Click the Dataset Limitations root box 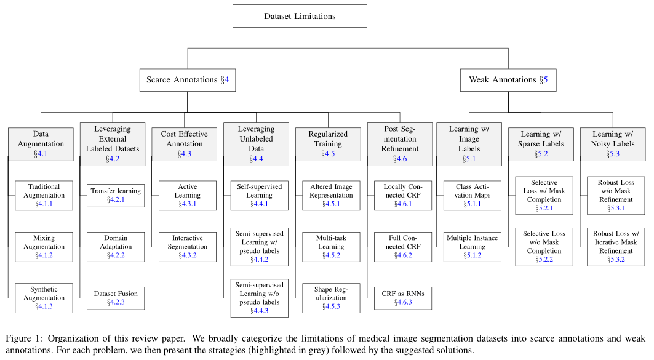coord(300,16)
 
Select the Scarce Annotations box coord(188,80)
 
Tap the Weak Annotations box coord(508,80)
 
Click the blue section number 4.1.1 coord(44,204)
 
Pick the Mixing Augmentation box coord(44,247)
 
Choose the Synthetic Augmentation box coord(44,298)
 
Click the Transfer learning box coord(116,195)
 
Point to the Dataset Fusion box coord(116,298)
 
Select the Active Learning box coord(188,195)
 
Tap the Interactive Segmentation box coord(188,247)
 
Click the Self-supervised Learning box coord(260,195)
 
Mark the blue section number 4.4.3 coord(260,311)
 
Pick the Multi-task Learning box coord(331,247)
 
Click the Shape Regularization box coord(331,298)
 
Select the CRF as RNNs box coord(403,298)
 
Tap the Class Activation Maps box coord(472,195)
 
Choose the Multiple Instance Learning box coord(472,247)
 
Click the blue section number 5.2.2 coord(544,260)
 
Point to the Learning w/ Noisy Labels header coord(613,144)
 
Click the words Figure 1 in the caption coord(24,338)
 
